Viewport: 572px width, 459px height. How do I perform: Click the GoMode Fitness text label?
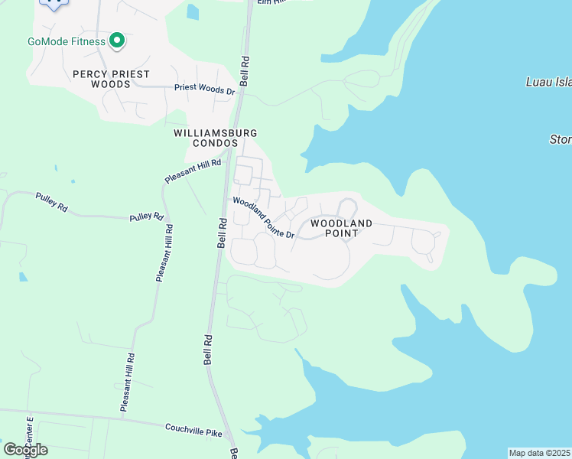coord(67,41)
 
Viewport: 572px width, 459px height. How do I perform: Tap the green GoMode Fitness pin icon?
coord(117,41)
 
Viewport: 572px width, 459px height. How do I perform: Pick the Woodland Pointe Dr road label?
coord(264,218)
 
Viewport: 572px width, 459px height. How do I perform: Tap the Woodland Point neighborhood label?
coord(342,228)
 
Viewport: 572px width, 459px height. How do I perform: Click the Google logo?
coord(25,450)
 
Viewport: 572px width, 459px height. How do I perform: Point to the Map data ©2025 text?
coord(540,453)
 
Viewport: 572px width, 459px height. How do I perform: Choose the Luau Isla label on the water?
coord(548,82)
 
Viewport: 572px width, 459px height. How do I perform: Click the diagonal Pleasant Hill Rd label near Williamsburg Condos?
coord(193,171)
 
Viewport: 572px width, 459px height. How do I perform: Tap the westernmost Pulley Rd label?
coord(52,202)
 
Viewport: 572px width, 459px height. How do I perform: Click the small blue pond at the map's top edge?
coord(192,12)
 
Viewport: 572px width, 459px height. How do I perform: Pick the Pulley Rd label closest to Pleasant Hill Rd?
coord(147,216)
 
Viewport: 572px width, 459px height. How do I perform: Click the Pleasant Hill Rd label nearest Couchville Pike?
coord(128,382)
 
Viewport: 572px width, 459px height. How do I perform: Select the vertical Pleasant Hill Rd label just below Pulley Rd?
coord(164,253)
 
